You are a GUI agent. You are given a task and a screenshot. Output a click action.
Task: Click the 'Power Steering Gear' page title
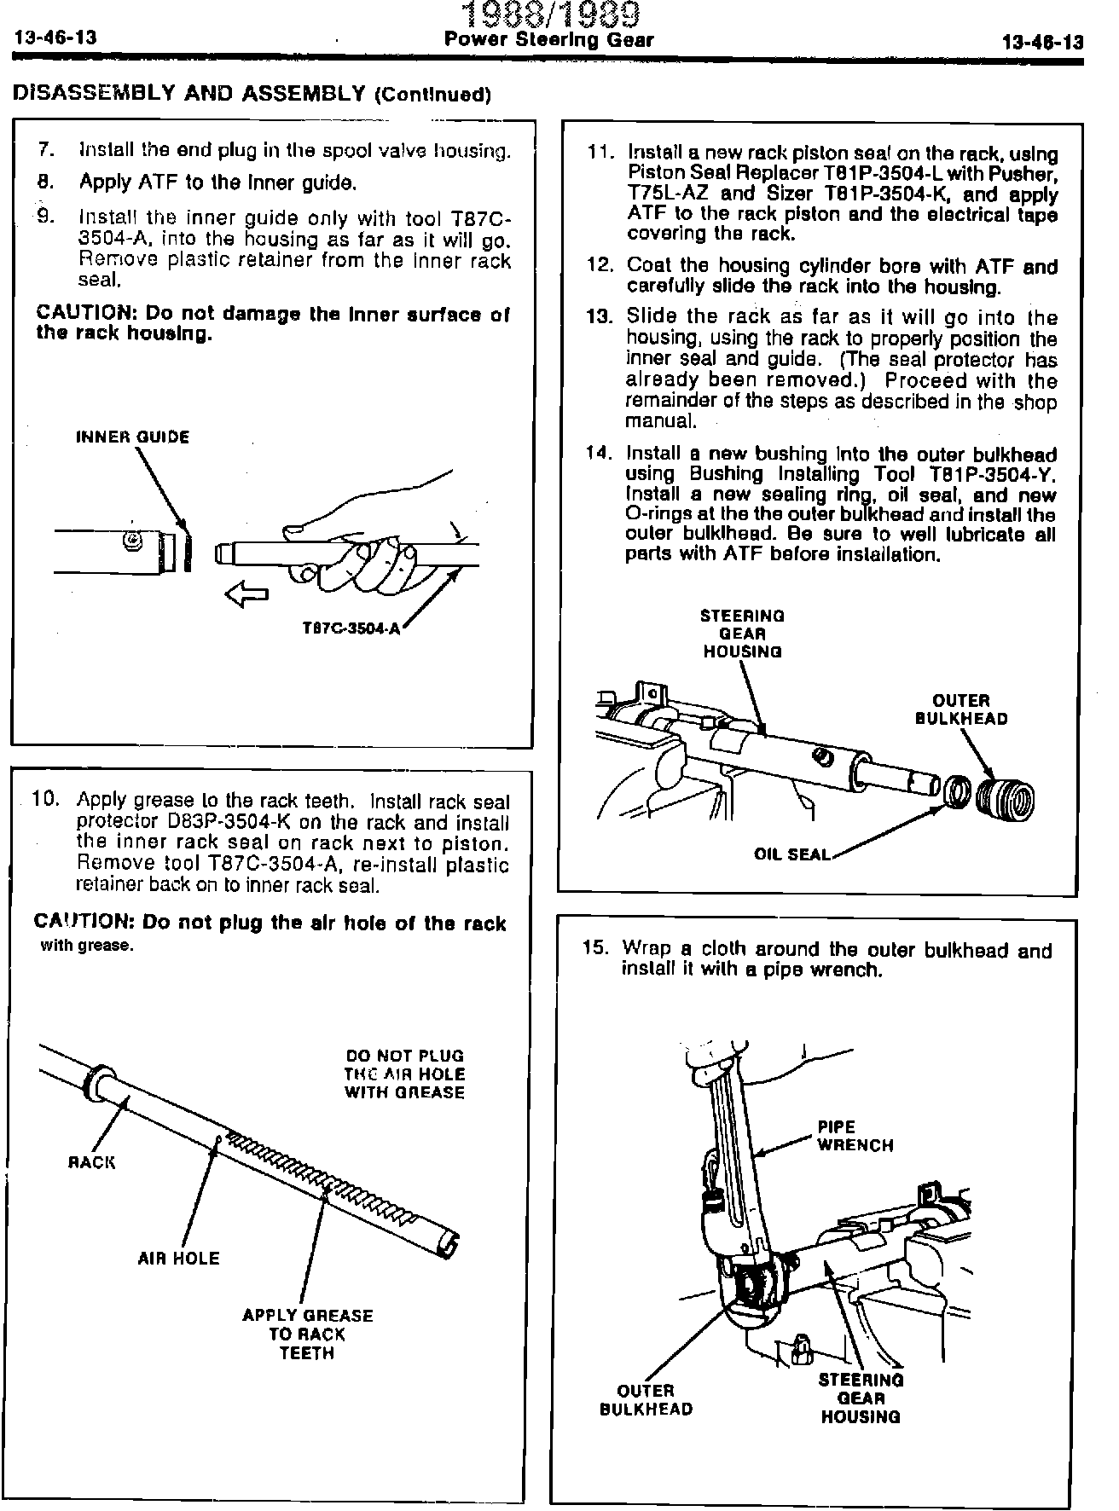(x=549, y=39)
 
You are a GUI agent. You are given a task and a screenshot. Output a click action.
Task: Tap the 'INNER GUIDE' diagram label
(x=133, y=437)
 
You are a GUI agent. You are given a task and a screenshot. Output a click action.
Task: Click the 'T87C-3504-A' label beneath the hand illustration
(x=351, y=629)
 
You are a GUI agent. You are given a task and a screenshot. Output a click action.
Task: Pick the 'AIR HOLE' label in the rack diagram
(x=178, y=1259)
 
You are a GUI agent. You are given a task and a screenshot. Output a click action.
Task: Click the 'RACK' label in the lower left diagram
(x=91, y=1162)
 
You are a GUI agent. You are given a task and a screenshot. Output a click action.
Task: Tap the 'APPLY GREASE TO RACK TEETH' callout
(x=307, y=1334)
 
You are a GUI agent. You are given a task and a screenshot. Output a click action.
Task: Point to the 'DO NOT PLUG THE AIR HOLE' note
(x=404, y=1074)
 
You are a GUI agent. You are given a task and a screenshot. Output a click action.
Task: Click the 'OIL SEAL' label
(x=791, y=854)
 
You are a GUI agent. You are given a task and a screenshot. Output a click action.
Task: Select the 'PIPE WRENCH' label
(x=855, y=1136)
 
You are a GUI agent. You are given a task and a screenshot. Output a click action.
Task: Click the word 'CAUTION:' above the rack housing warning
(x=84, y=314)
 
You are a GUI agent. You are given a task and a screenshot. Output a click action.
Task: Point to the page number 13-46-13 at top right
(x=1042, y=42)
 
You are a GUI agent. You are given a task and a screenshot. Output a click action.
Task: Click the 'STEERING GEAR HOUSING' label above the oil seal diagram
(x=742, y=634)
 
